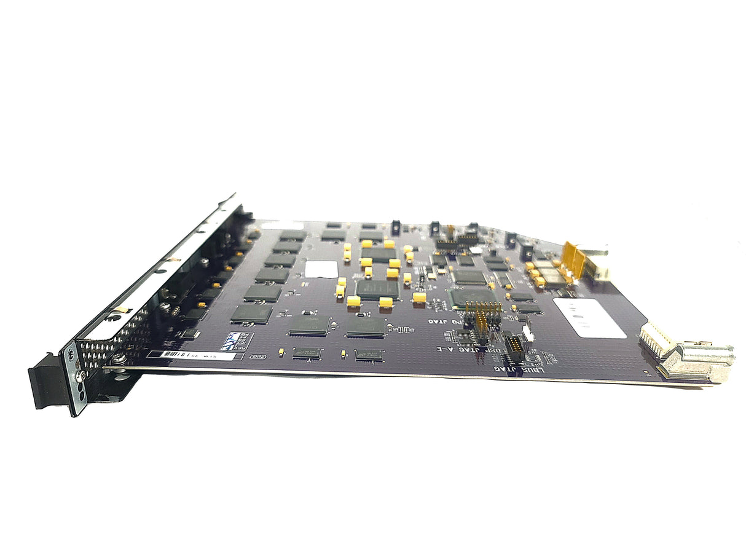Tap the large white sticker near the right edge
[589, 317]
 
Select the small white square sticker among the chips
[321, 269]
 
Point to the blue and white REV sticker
[241, 342]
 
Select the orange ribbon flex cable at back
[574, 256]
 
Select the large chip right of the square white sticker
[377, 289]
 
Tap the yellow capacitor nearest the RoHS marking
[281, 352]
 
